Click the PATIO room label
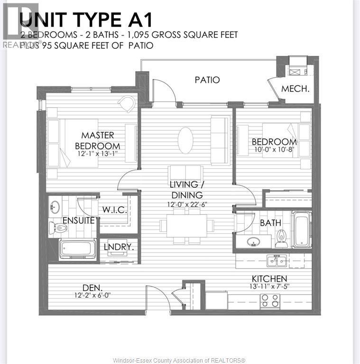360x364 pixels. pyautogui.click(x=207, y=80)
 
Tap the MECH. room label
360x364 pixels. pyautogui.click(x=295, y=89)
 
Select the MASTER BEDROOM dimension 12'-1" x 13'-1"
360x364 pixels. pyautogui.click(x=97, y=154)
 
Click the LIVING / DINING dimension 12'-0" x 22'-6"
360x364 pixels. pyautogui.click(x=187, y=204)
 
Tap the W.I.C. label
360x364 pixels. pyautogui.click(x=114, y=210)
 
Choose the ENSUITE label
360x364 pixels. pyautogui.click(x=78, y=220)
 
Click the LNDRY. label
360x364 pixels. pyautogui.click(x=119, y=247)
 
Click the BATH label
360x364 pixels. pyautogui.click(x=270, y=223)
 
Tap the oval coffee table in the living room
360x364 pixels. pyautogui.click(x=185, y=140)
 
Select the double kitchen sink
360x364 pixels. pyautogui.click(x=276, y=260)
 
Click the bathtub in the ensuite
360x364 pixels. pyautogui.click(x=77, y=248)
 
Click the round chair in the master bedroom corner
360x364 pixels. pyautogui.click(x=127, y=104)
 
